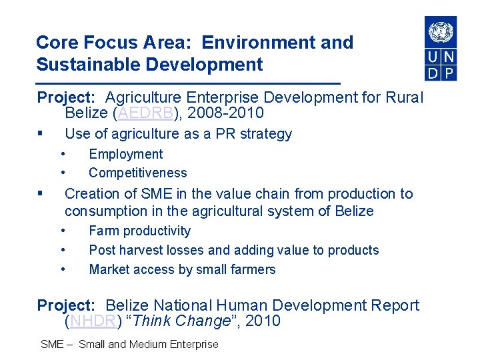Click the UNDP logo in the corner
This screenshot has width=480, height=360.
[441, 48]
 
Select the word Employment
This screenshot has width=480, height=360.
[125, 154]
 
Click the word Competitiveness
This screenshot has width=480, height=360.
[137, 173]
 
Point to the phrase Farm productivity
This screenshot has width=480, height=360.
[139, 231]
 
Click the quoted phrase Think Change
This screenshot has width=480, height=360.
[182, 321]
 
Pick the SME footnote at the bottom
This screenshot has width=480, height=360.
[129, 345]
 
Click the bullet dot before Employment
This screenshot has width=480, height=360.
[63, 154]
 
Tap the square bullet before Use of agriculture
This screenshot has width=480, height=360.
[41, 134]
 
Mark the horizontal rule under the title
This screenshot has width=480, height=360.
[188, 83]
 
